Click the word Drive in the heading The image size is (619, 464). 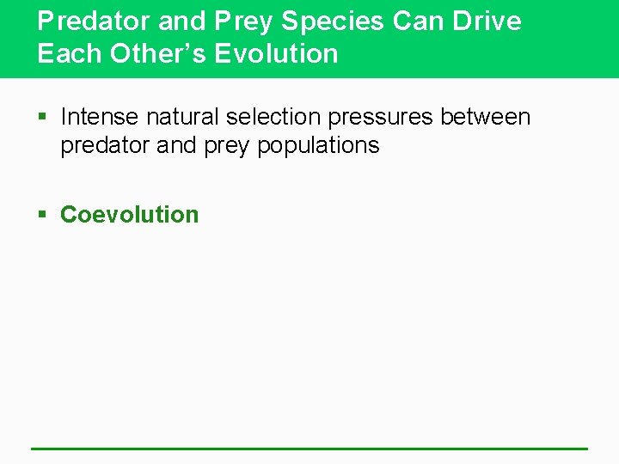point(485,21)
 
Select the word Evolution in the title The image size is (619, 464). point(276,53)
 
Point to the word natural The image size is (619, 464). point(181,117)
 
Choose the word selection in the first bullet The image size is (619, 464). point(273,117)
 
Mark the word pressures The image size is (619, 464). point(381,118)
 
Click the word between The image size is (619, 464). point(486,117)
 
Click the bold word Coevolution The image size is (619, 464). point(129,215)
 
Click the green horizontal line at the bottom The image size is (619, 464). point(309,449)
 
